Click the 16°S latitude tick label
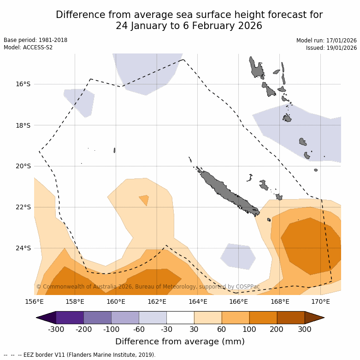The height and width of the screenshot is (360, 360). (x=23, y=84)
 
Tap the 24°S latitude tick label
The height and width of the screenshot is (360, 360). (x=23, y=248)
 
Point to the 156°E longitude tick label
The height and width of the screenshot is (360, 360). (x=34, y=302)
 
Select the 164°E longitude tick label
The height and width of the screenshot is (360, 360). (x=198, y=302)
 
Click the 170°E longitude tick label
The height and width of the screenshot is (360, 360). (x=320, y=302)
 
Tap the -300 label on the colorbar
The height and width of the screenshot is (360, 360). (x=56, y=329)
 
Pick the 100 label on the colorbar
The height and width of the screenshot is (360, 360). (x=249, y=329)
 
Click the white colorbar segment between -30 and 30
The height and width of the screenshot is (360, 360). (x=180, y=318)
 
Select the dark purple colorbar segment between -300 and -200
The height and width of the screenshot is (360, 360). (x=70, y=318)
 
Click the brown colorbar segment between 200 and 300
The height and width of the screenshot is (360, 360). (x=291, y=318)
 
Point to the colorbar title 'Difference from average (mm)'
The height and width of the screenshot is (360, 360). (x=180, y=342)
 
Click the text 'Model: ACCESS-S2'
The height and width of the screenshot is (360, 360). (x=28, y=47)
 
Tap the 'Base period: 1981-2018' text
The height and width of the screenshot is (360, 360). (x=35, y=40)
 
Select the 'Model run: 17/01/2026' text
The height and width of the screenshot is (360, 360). (x=326, y=40)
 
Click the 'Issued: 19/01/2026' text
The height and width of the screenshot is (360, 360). (x=331, y=47)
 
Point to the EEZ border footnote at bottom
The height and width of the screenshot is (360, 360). (x=79, y=355)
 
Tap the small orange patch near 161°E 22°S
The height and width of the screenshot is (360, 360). (x=144, y=200)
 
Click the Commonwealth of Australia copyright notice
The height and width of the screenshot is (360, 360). (x=148, y=287)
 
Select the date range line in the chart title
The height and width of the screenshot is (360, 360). (x=189, y=26)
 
